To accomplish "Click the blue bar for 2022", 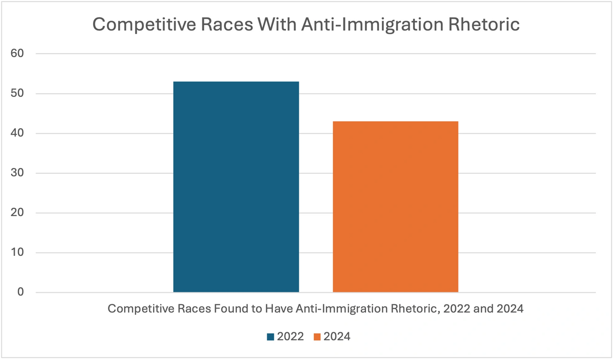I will click(236, 187).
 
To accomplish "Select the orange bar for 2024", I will click(395, 206).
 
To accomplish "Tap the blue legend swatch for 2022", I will click(270, 336).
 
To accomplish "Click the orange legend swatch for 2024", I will click(317, 336).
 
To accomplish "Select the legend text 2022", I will click(290, 336).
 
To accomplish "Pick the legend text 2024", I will click(337, 336).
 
